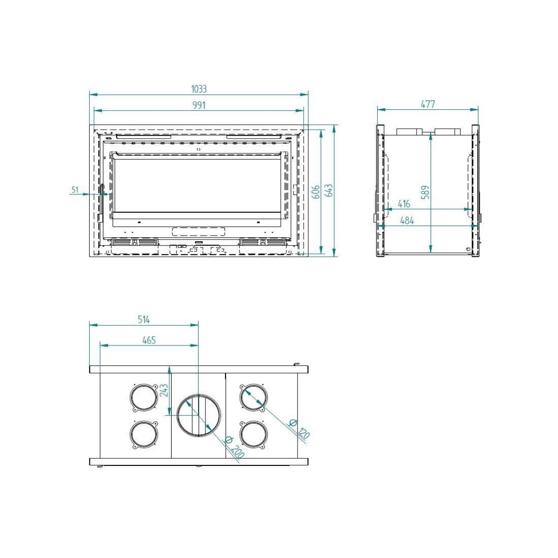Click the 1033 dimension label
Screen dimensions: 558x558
199,89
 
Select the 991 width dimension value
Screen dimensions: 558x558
199,105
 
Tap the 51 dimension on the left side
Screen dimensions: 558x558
75,189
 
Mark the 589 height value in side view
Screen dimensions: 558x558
425,192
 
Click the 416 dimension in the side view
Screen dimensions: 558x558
404,204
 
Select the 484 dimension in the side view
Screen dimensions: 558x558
407,220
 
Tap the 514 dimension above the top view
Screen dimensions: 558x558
144,319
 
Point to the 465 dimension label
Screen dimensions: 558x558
149,340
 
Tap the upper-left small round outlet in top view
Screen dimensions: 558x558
143,398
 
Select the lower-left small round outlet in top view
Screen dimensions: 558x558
143,434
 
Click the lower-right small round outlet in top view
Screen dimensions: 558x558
253,434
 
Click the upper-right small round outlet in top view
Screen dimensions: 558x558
253,398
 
